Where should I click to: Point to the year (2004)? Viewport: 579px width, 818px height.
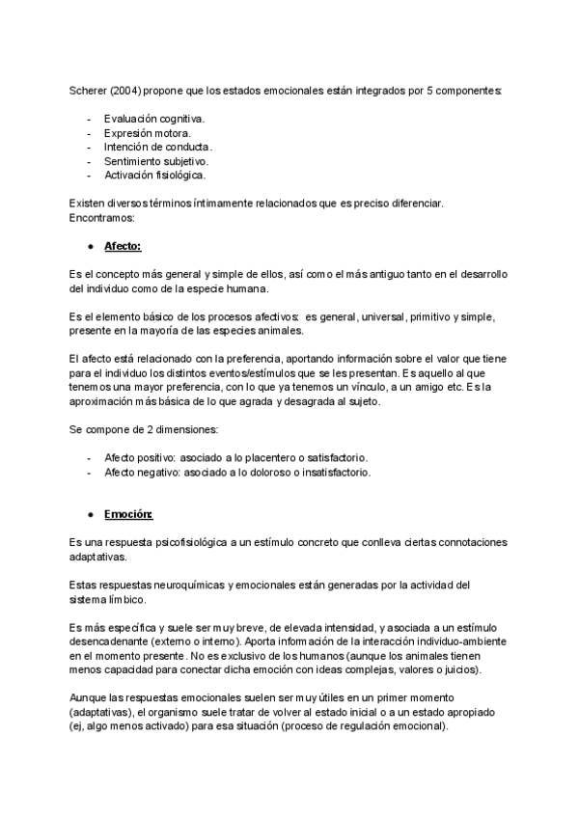point(128,91)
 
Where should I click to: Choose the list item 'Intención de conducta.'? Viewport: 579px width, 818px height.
point(157,147)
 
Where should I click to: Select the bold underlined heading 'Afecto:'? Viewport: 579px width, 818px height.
point(123,246)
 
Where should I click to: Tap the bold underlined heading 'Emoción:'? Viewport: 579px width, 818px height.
point(128,514)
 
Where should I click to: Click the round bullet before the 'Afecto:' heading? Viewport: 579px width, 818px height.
point(90,246)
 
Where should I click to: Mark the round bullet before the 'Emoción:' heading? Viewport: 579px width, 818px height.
point(90,514)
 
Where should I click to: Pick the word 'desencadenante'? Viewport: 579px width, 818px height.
point(112,641)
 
